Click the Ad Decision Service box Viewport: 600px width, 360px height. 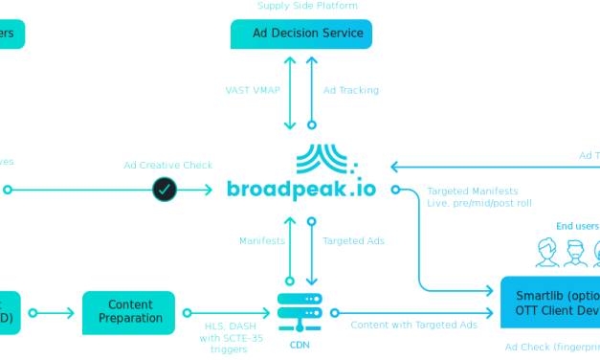click(301, 34)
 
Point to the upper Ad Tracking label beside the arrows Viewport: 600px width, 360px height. click(350, 90)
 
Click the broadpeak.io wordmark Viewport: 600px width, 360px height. click(301, 188)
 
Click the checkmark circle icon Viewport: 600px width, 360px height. click(165, 190)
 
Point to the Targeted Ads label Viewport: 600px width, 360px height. click(353, 241)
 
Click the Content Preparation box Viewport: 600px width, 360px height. click(129, 312)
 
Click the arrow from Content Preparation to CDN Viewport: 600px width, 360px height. click(227, 312)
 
